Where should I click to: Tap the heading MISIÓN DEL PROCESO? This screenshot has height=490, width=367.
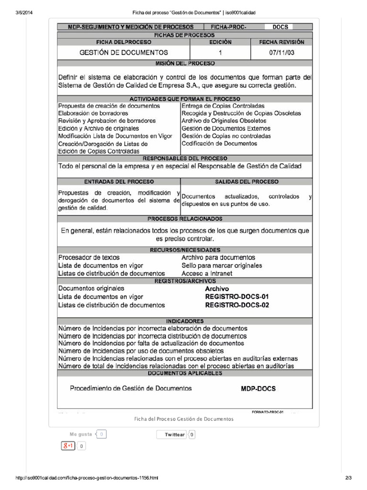point(184,63)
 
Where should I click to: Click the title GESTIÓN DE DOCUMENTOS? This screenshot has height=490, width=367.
point(123,53)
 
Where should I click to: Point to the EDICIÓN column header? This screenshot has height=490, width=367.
point(220,42)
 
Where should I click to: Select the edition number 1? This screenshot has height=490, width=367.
point(220,53)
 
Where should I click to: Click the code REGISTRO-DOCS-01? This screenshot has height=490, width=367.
point(237,297)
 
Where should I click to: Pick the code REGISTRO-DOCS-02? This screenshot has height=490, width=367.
point(237,305)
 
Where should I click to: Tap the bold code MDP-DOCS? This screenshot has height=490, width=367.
point(258,389)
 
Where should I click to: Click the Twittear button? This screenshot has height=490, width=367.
point(174,434)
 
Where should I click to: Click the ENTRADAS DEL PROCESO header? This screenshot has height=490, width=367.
point(119,182)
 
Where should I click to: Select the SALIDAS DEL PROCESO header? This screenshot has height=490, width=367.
point(247,182)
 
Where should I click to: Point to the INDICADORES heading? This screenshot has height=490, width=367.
point(184,321)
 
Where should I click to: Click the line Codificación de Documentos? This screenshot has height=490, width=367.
point(219,144)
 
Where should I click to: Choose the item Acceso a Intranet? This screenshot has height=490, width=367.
point(207,273)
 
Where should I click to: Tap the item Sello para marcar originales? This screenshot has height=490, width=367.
point(222,265)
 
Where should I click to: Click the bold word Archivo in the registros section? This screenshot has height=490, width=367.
point(217,289)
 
